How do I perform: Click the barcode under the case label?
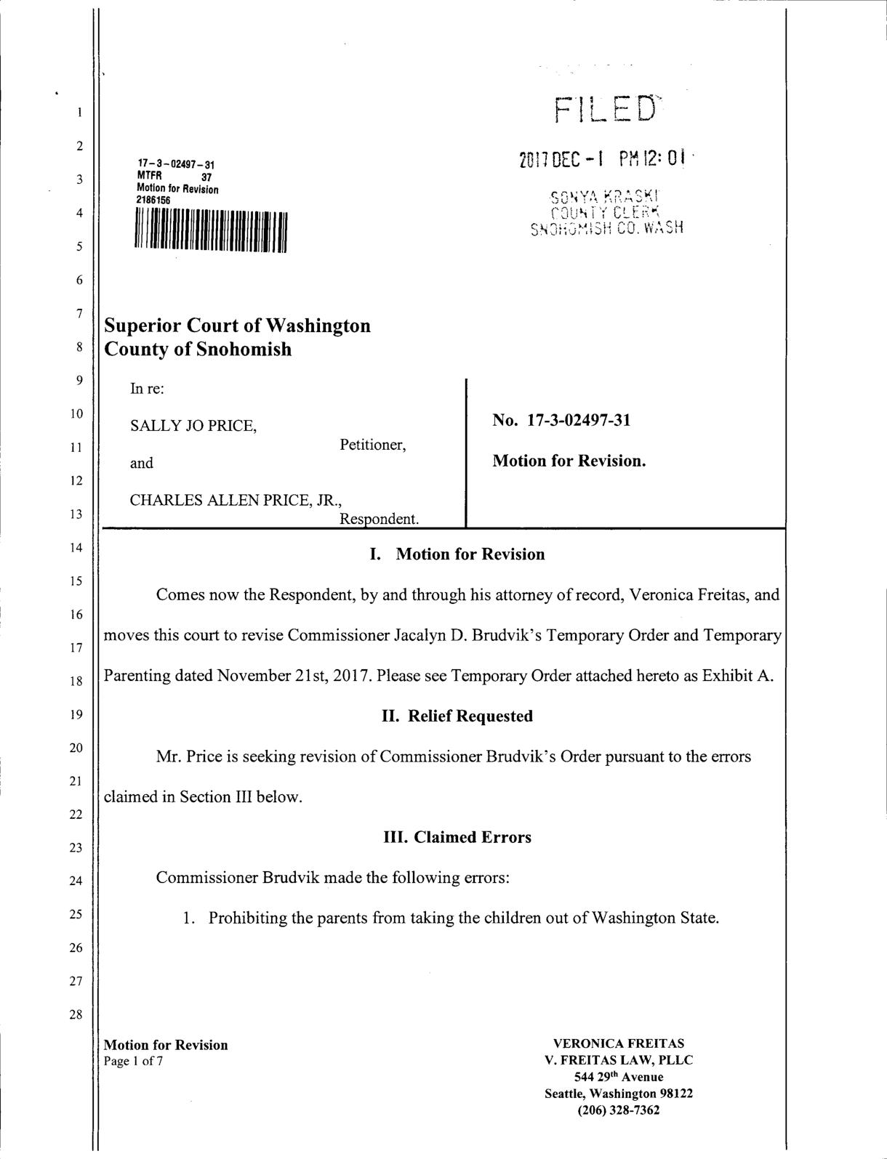pyautogui.click(x=211, y=232)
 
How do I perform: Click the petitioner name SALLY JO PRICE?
pyautogui.click(x=193, y=425)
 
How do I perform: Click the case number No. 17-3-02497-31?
pyautogui.click(x=561, y=421)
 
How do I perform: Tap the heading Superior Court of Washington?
pyautogui.click(x=237, y=326)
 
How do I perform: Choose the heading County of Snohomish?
pyautogui.click(x=198, y=350)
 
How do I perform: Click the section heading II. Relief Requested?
pyautogui.click(x=457, y=716)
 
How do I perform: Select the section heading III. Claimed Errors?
pyautogui.click(x=457, y=837)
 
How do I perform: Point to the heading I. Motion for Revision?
pyautogui.click(x=457, y=555)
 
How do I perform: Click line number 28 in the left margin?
pyautogui.click(x=76, y=1015)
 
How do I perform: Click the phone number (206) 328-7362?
pyautogui.click(x=619, y=1110)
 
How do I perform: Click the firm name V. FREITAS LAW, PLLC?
pyautogui.click(x=619, y=1060)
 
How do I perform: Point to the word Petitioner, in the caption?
pyautogui.click(x=372, y=445)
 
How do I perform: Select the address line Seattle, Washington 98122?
pyautogui.click(x=619, y=1094)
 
